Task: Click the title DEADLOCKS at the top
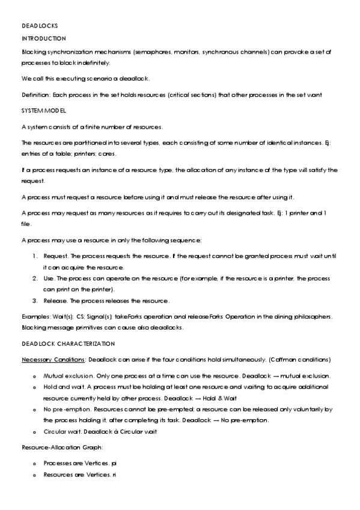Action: point(35,26)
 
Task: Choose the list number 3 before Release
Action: point(35,301)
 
